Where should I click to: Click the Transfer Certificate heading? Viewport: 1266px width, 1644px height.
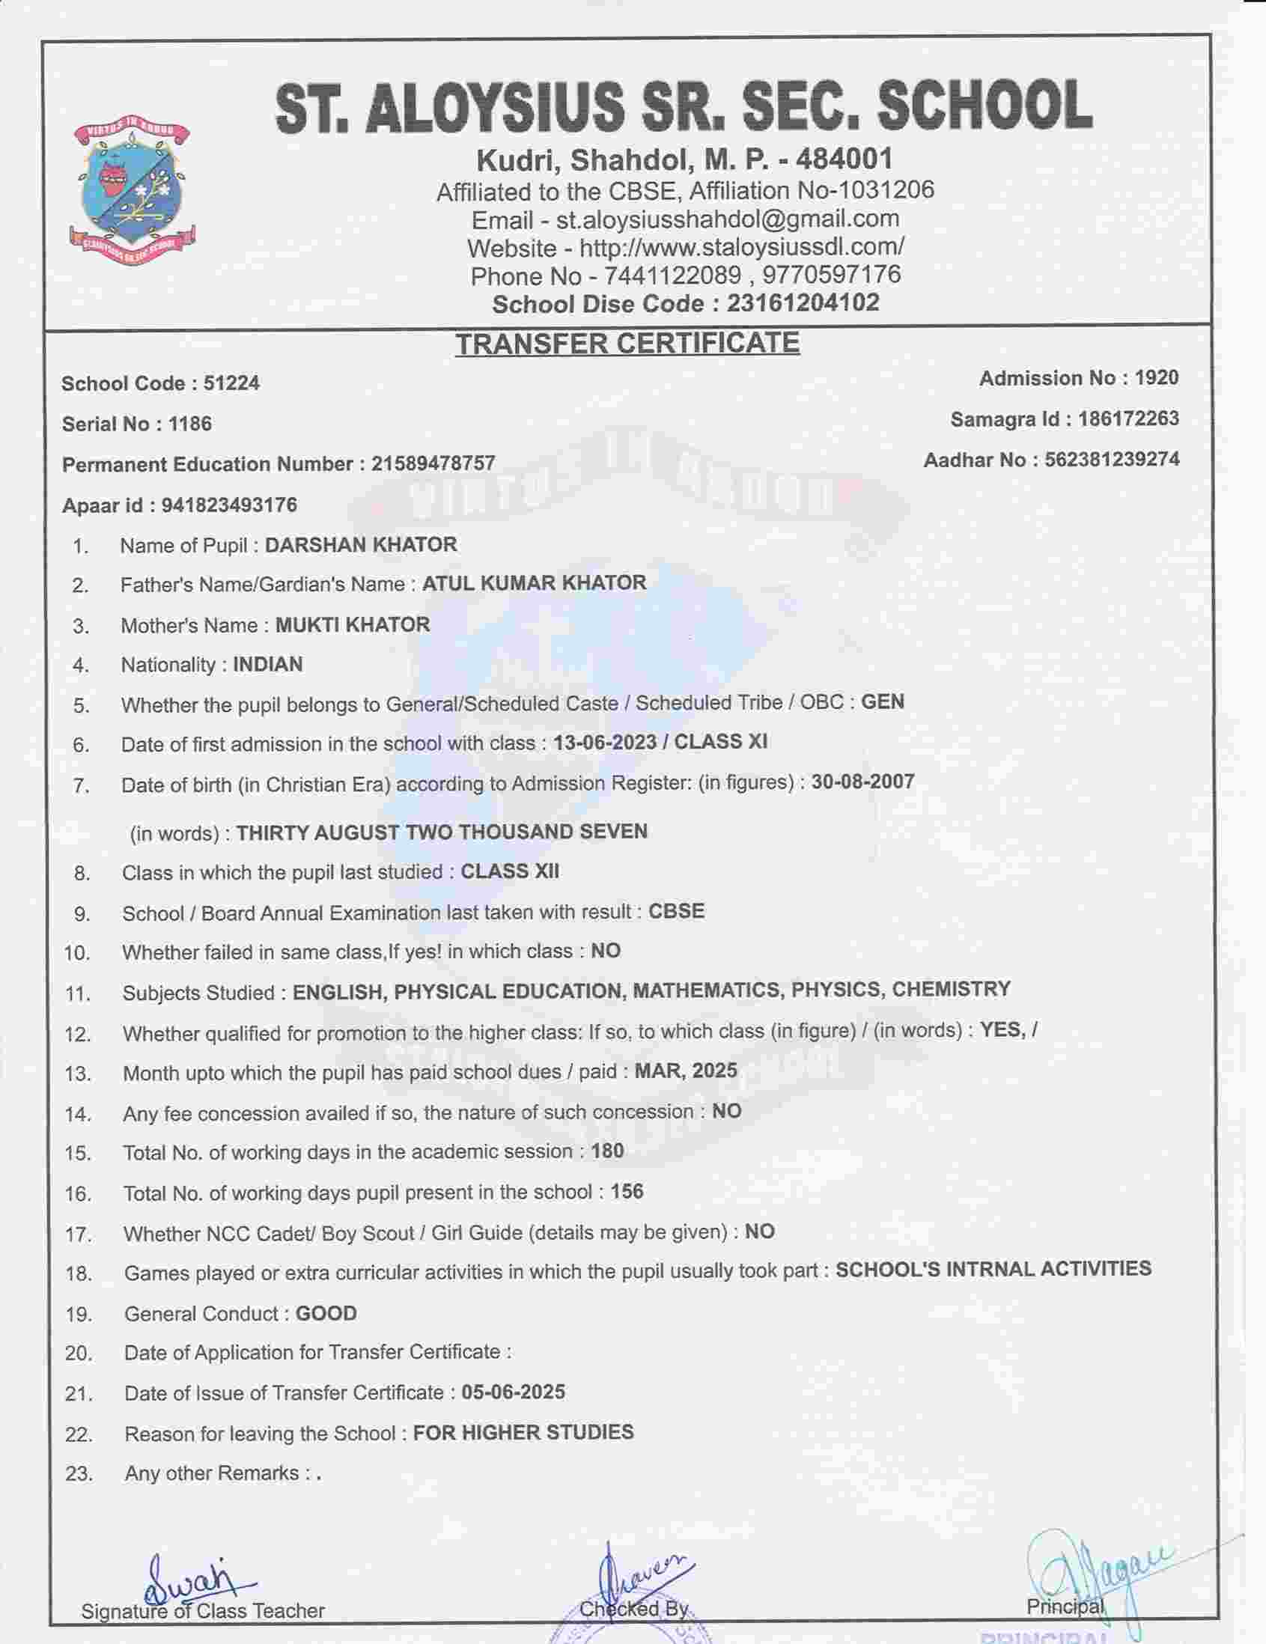pyautogui.click(x=627, y=344)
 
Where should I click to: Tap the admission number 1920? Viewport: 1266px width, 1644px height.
pyautogui.click(x=1156, y=378)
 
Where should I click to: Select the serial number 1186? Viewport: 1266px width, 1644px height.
pyautogui.click(x=189, y=424)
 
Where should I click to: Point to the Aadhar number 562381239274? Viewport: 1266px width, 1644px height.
pyautogui.click(x=1112, y=459)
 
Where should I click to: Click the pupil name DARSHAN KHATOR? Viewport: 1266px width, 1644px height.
pyautogui.click(x=361, y=544)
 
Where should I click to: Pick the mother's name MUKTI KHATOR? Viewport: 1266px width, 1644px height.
pyautogui.click(x=353, y=625)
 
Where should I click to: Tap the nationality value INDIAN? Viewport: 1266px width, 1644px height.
pyautogui.click(x=268, y=665)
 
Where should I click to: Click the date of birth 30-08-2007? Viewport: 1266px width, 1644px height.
pyautogui.click(x=862, y=782)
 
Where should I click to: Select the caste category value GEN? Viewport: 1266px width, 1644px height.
pyautogui.click(x=882, y=701)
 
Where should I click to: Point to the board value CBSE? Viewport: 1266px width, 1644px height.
pyautogui.click(x=677, y=911)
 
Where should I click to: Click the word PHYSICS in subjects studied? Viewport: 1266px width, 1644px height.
pyautogui.click(x=836, y=989)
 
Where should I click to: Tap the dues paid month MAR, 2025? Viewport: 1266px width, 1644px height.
pyautogui.click(x=686, y=1071)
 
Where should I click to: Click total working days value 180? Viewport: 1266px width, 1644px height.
pyautogui.click(x=607, y=1151)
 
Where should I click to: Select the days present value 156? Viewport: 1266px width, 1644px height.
pyautogui.click(x=627, y=1192)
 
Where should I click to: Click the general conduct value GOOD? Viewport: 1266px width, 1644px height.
pyautogui.click(x=326, y=1314)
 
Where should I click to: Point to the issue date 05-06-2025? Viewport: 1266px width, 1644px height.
pyautogui.click(x=514, y=1392)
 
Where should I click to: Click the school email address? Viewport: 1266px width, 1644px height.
pyautogui.click(x=727, y=219)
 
